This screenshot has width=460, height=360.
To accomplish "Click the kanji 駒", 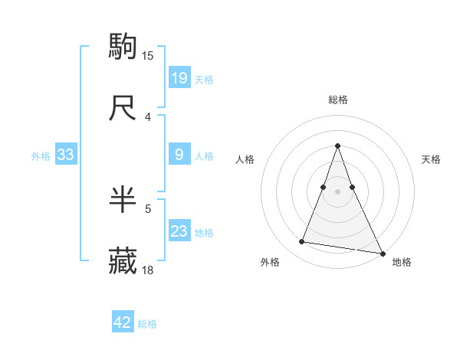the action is click(x=123, y=47).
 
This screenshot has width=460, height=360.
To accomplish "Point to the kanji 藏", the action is click(x=123, y=261).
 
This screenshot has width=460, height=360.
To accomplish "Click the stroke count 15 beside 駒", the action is click(x=148, y=55).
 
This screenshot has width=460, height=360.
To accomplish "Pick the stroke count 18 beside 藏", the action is click(x=148, y=270).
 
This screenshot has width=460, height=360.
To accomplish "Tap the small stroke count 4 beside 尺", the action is click(x=148, y=116).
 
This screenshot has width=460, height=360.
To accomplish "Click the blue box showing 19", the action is click(x=179, y=77).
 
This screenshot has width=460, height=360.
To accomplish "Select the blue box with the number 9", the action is click(x=179, y=155).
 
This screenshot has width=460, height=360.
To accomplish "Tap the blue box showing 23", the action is click(x=179, y=231).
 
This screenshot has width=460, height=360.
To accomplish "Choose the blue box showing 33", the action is click(x=66, y=155).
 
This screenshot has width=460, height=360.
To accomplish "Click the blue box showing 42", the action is click(x=123, y=322).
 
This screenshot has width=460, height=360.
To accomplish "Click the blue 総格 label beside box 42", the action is click(x=147, y=324).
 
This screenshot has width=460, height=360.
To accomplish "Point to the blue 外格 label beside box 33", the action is click(x=41, y=156).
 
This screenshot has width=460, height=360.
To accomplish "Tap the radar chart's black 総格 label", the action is click(x=338, y=100).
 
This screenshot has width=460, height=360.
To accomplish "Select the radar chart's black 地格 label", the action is click(x=402, y=262).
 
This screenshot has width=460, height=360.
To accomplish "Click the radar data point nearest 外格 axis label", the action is click(x=302, y=242).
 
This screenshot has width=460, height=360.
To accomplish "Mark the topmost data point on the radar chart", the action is click(x=338, y=146).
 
